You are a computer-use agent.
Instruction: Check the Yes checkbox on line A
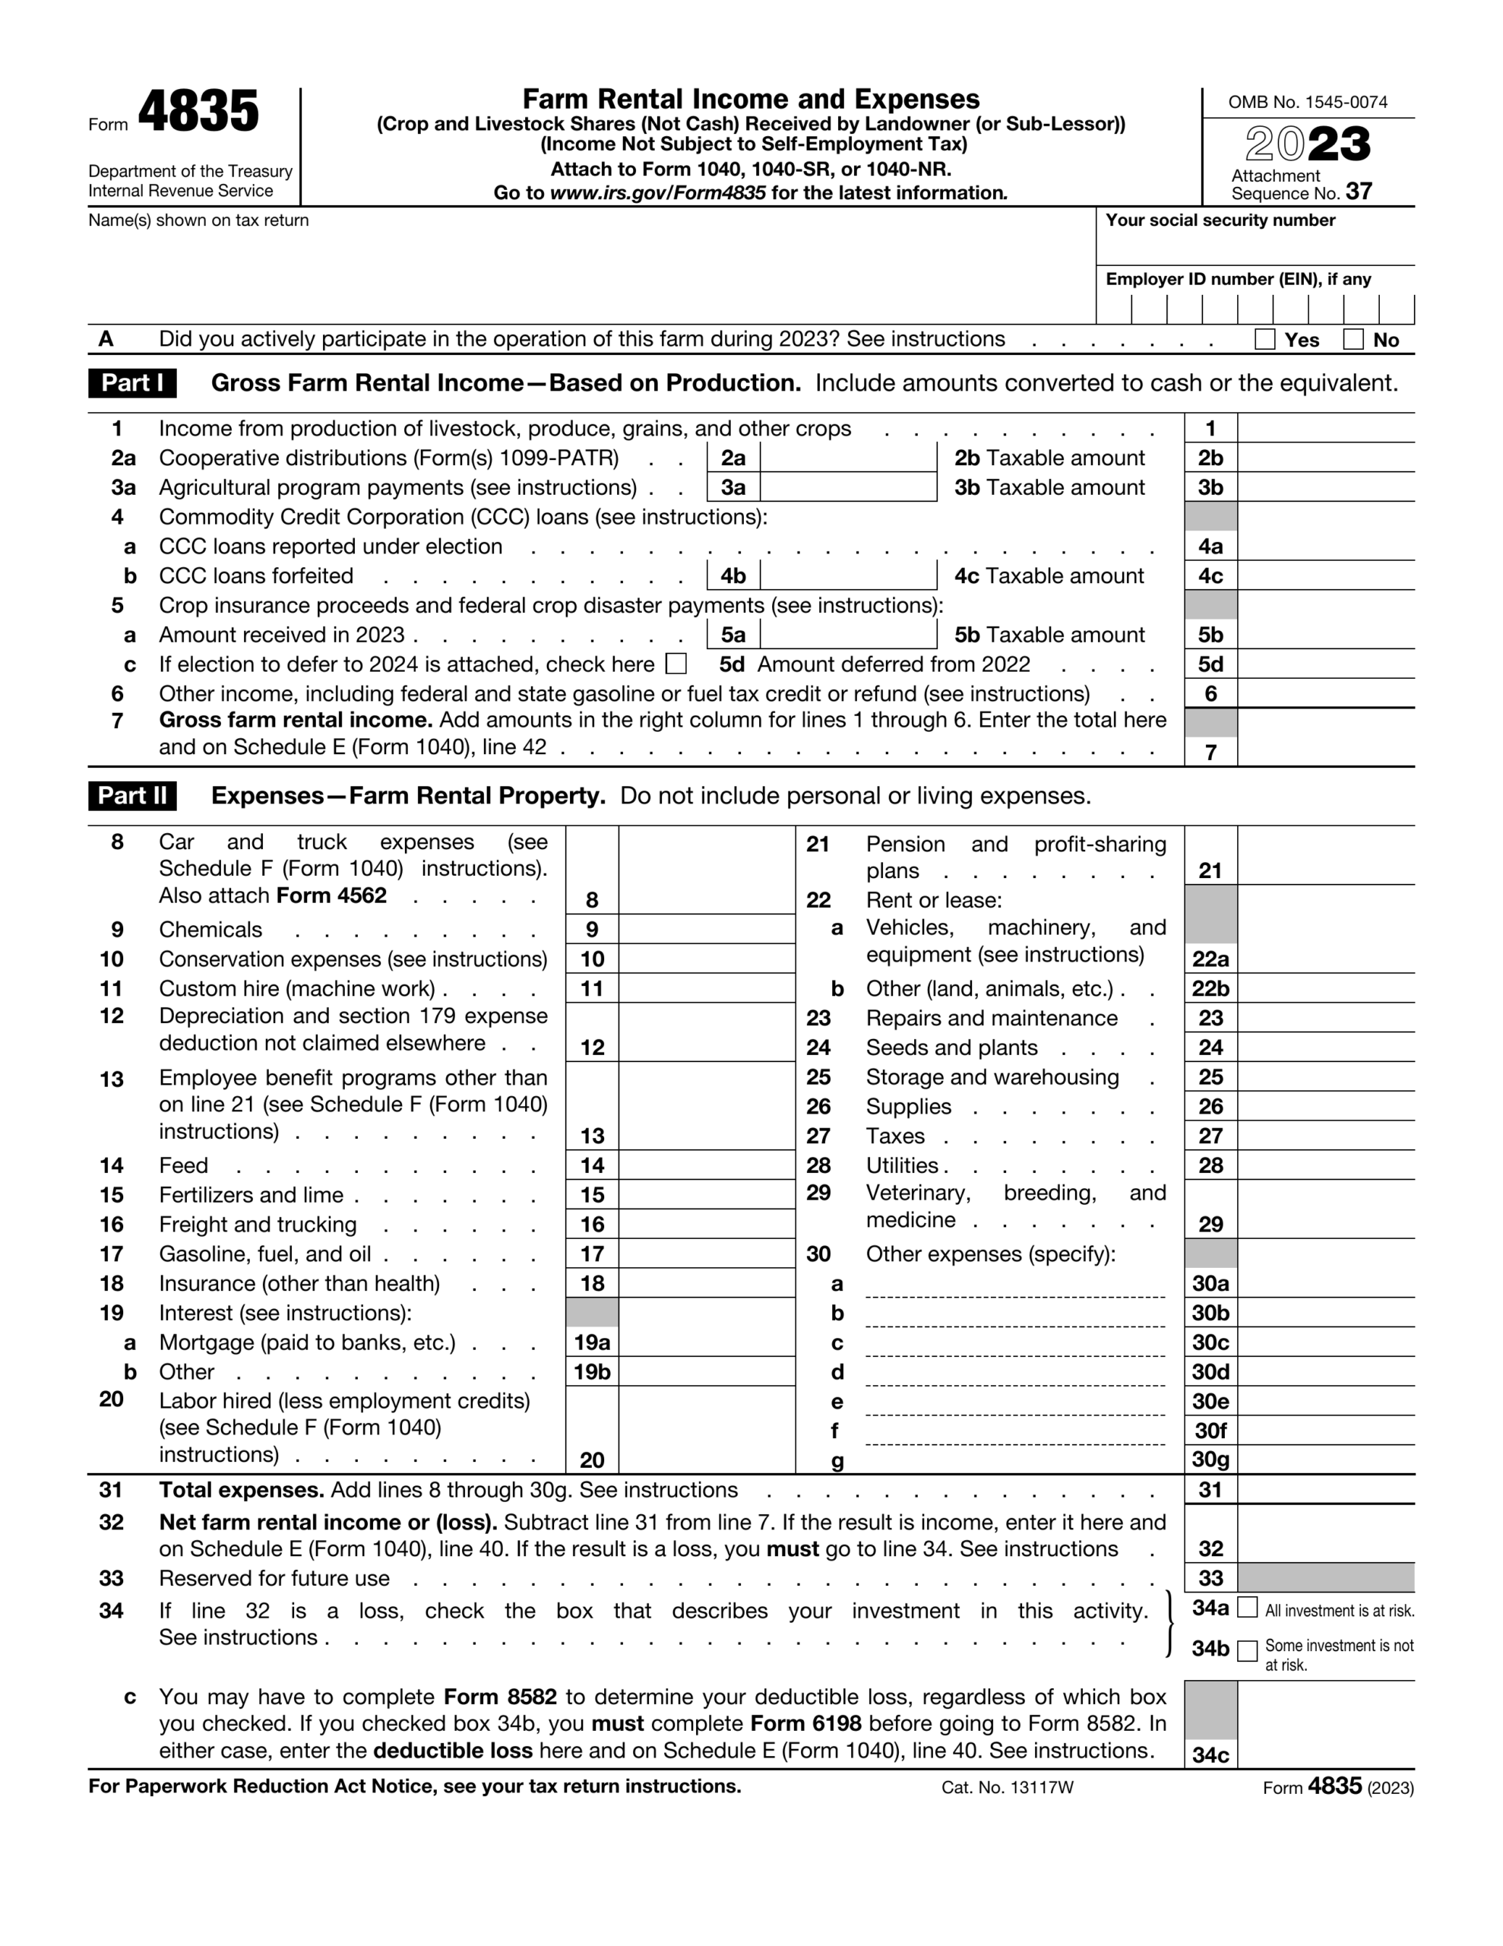[x=1264, y=340]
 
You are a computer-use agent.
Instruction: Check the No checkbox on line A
[x=1353, y=340]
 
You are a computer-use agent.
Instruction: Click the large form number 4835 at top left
[x=198, y=113]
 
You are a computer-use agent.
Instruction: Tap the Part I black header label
[x=132, y=383]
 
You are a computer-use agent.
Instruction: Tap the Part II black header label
[x=132, y=796]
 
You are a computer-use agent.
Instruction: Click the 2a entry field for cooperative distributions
[x=847, y=458]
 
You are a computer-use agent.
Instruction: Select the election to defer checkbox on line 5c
[x=676, y=664]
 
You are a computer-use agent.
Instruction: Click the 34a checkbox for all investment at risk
[x=1247, y=1608]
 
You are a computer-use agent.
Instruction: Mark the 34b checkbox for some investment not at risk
[x=1247, y=1651]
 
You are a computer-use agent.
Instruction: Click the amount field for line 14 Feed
[x=706, y=1165]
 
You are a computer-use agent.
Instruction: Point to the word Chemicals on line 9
[x=210, y=930]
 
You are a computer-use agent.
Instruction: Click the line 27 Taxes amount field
[x=1325, y=1136]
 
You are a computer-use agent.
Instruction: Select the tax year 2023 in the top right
[x=1307, y=144]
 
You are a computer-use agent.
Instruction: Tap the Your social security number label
[x=1220, y=221]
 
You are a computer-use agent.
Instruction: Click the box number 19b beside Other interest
[x=593, y=1372]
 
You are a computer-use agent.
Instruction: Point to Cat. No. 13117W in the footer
[x=1007, y=1787]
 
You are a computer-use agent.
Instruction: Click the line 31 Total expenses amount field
[x=1325, y=1490]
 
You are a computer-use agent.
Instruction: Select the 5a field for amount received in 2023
[x=847, y=635]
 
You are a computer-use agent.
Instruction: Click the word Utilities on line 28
[x=902, y=1165]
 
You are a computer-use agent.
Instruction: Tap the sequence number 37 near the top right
[x=1359, y=192]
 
